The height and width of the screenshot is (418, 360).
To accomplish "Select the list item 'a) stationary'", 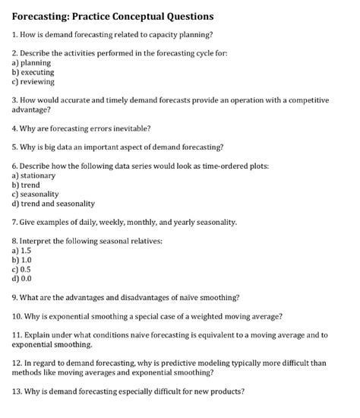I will tap(34, 175).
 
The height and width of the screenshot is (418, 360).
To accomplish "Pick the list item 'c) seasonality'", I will tap(36, 194).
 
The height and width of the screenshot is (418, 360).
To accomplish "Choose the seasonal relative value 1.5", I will tap(26, 249).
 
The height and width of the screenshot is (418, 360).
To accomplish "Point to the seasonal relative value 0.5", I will tap(25, 268).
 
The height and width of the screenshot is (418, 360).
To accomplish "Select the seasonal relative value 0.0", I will tap(26, 277).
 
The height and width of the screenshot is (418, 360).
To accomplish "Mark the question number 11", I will tap(17, 334).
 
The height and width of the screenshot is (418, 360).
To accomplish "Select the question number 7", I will tap(14, 222).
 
